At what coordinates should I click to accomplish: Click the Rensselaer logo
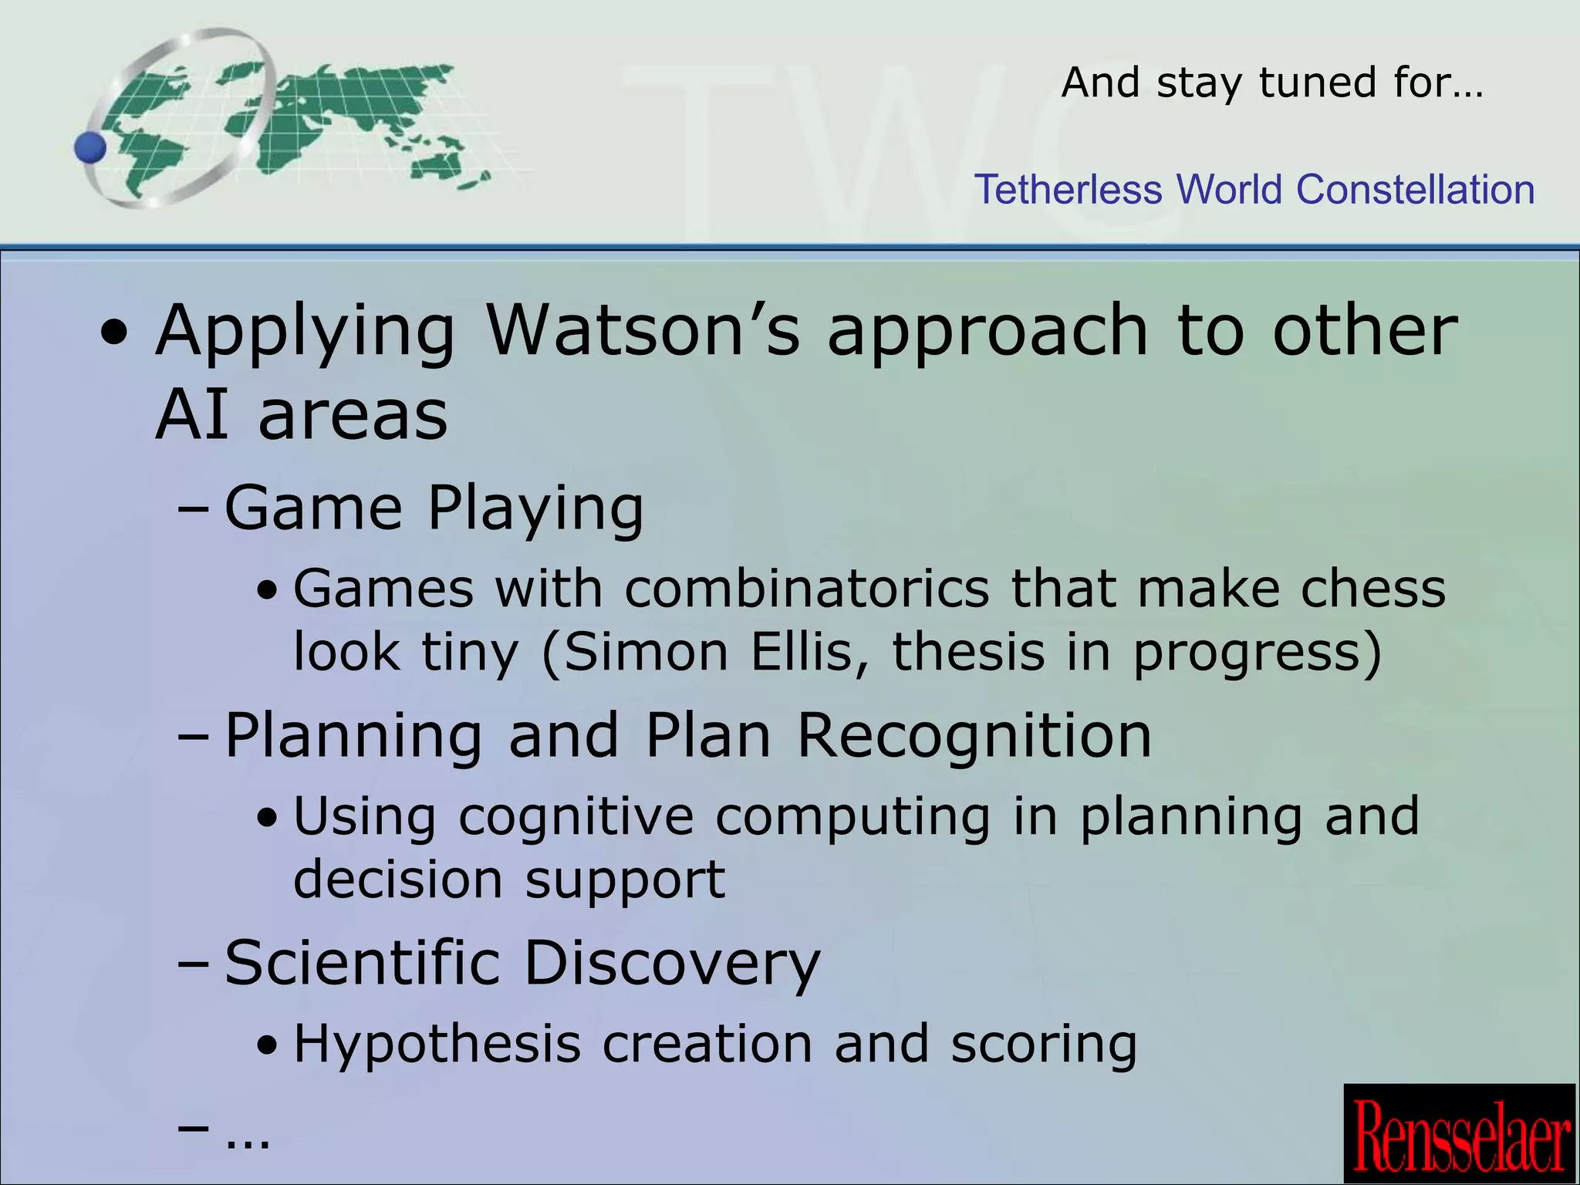point(1459,1133)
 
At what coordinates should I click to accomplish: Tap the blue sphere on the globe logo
point(91,147)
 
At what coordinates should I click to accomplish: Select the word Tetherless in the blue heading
point(1068,190)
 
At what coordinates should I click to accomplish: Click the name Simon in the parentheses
point(647,653)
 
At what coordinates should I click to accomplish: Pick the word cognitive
point(576,817)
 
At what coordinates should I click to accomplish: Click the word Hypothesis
point(437,1045)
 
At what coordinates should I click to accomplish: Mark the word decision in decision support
point(398,879)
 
